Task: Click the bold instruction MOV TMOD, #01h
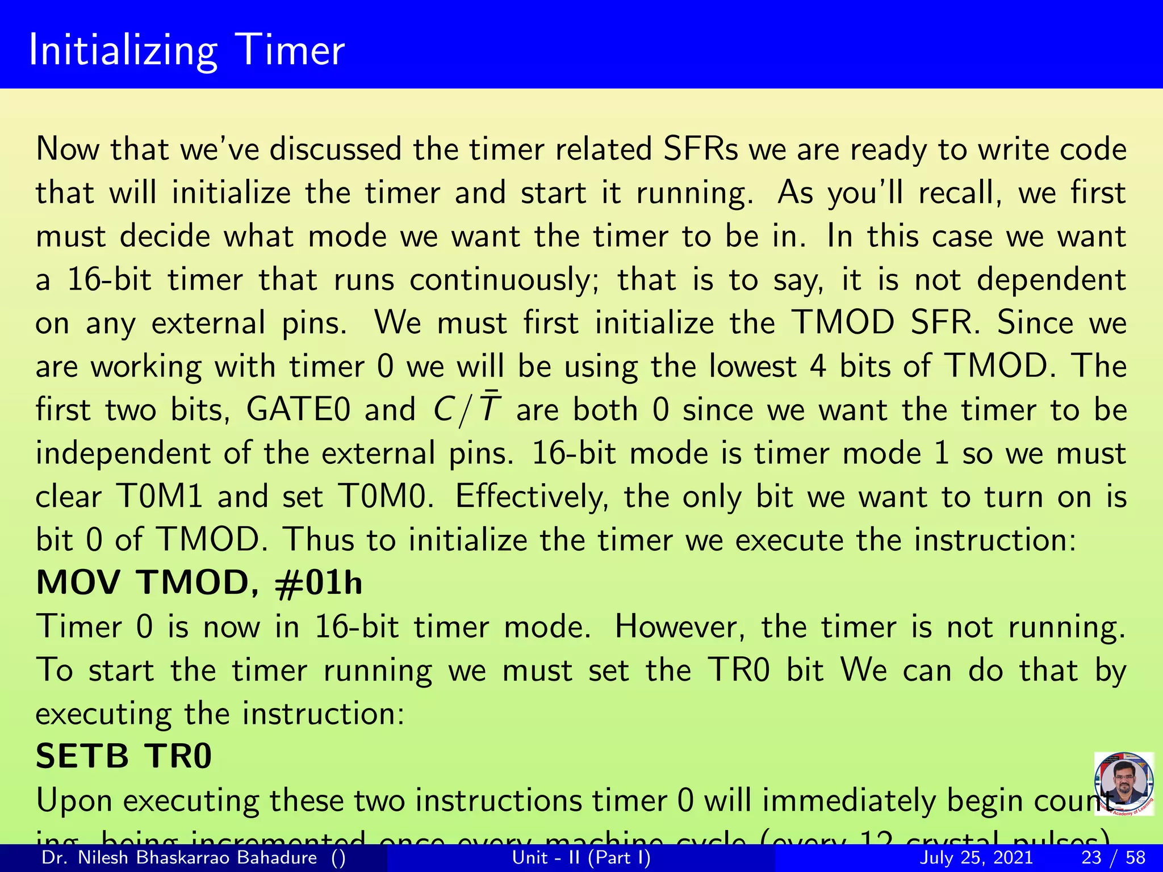pos(199,583)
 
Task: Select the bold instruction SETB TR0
pos(124,757)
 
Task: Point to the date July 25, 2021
pos(976,857)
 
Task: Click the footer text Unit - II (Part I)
pos(581,857)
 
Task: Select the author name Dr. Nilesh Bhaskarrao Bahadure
pos(179,857)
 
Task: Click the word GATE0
pos(298,409)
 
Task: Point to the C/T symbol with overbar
pos(466,408)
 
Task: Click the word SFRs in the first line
pos(700,149)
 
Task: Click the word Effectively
pos(532,496)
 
